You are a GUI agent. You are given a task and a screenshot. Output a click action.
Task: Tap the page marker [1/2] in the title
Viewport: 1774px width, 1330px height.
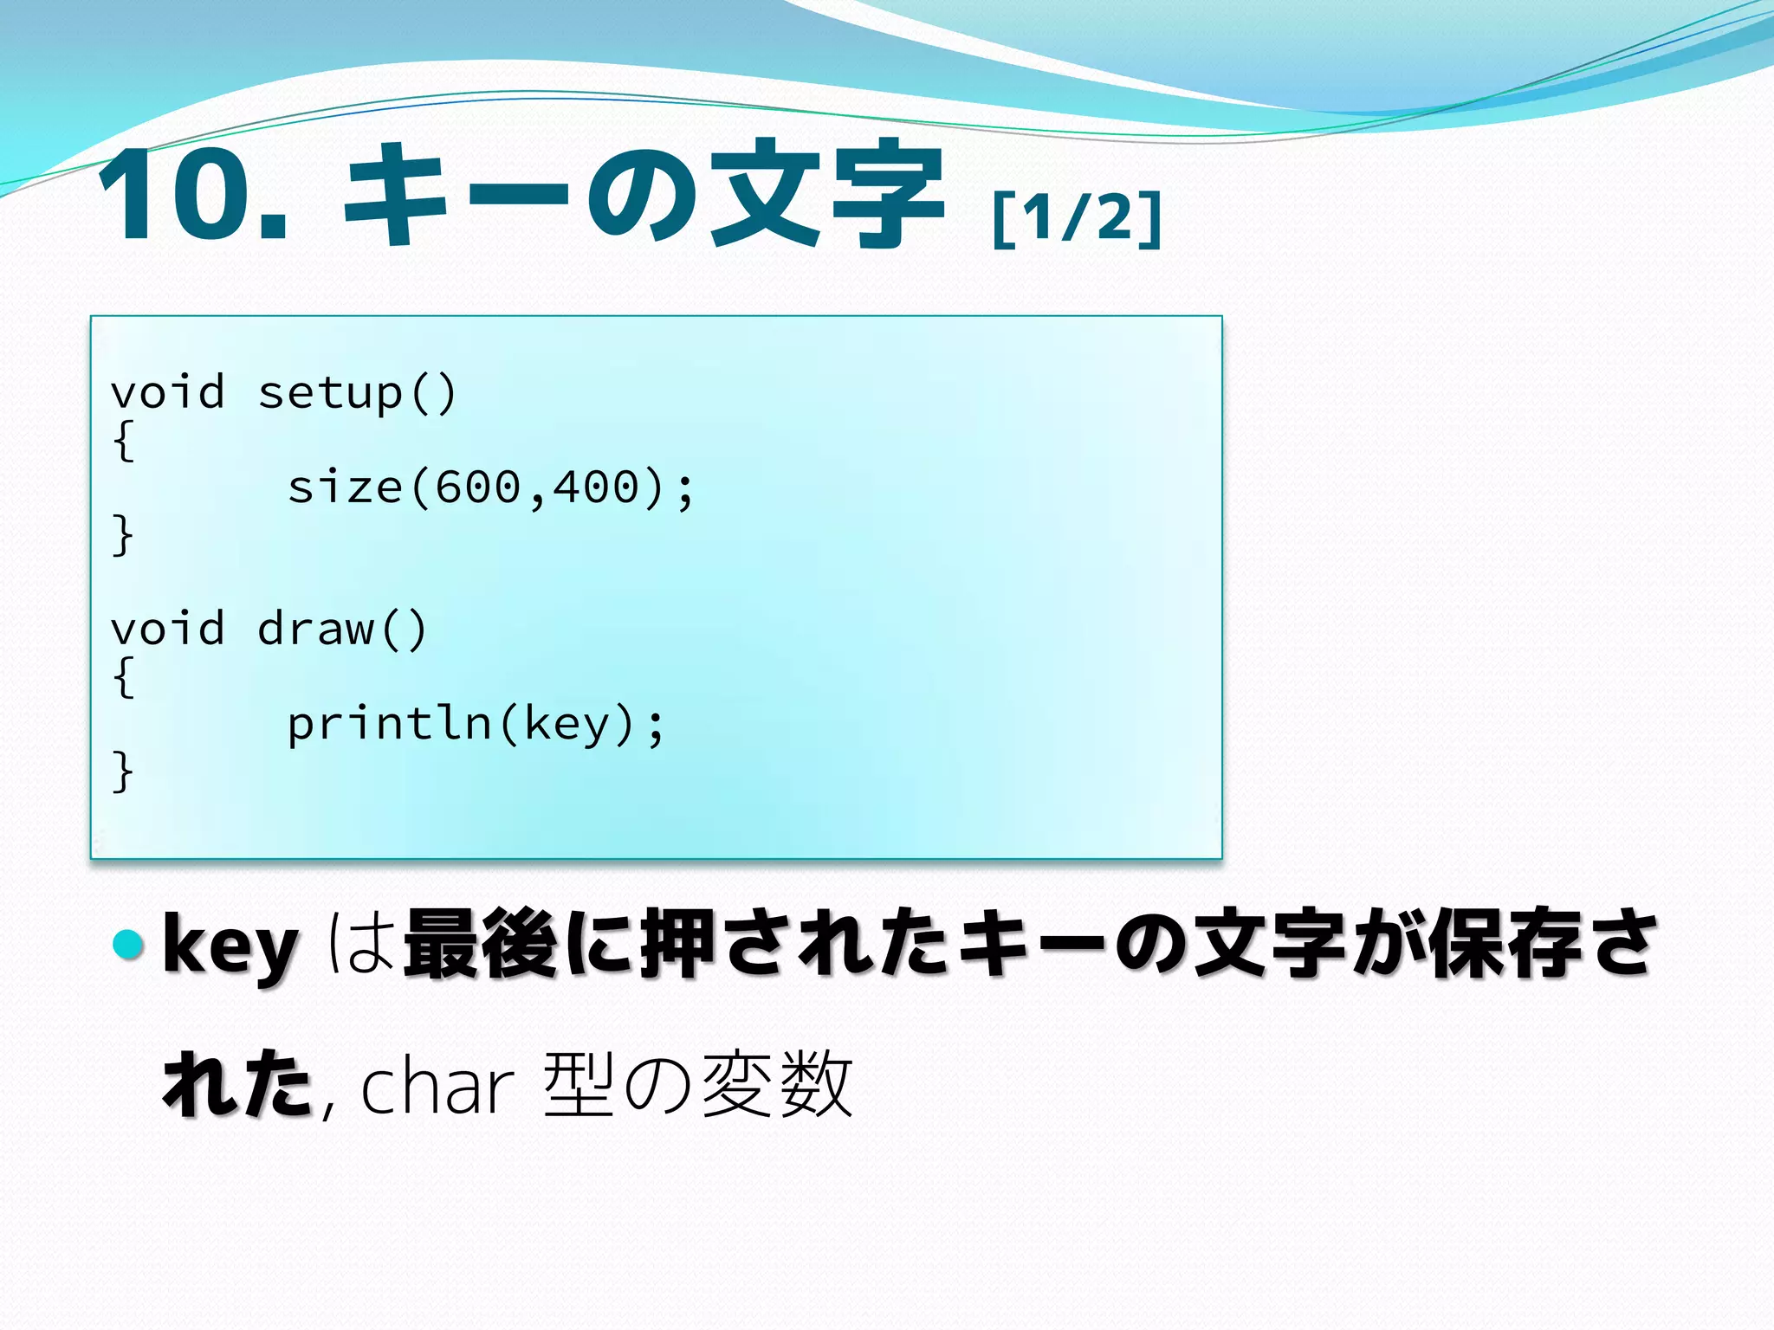pyautogui.click(x=1076, y=218)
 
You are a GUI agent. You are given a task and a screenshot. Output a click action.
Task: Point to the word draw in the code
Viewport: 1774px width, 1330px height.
pyautogui.click(x=316, y=629)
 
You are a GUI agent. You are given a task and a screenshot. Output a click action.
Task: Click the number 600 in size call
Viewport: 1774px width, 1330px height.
pyautogui.click(x=477, y=487)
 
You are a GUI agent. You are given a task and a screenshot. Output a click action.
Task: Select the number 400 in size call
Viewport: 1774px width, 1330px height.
pyautogui.click(x=596, y=487)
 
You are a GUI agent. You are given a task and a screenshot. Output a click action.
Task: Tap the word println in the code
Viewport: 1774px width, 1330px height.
pyautogui.click(x=390, y=724)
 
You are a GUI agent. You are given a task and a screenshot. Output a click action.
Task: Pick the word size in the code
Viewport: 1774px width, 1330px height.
pyautogui.click(x=345, y=487)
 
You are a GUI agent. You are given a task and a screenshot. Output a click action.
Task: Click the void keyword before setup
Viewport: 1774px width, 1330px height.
pyautogui.click(x=168, y=392)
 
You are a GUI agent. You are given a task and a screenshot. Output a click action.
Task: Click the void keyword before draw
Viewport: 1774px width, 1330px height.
pyautogui.click(x=168, y=629)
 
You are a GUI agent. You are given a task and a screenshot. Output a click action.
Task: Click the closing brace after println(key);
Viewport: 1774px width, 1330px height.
pyautogui.click(x=123, y=772)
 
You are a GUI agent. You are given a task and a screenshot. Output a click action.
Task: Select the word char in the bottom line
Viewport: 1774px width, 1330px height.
pyautogui.click(x=437, y=1088)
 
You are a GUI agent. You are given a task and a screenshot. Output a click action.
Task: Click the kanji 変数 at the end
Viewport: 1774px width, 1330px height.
pyautogui.click(x=777, y=1085)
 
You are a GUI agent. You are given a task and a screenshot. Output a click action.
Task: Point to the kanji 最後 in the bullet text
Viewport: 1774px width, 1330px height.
pyautogui.click(x=480, y=944)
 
